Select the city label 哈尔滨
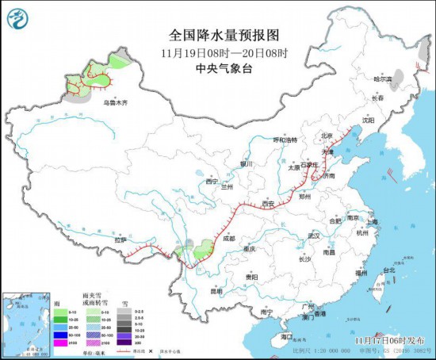click(x=384, y=79)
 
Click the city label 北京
click(x=327, y=136)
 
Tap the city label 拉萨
click(x=119, y=239)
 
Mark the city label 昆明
click(x=216, y=291)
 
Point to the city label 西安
click(x=267, y=204)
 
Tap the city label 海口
click(x=286, y=337)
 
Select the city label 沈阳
click(x=367, y=121)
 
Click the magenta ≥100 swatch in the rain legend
click(x=60, y=342)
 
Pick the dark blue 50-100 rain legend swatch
click(x=60, y=334)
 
